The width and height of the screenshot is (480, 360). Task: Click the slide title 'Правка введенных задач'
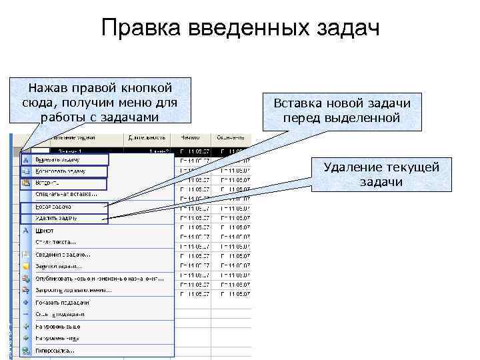(240, 29)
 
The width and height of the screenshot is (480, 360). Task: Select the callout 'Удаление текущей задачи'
(381, 175)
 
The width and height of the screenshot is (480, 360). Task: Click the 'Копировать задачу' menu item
(63, 171)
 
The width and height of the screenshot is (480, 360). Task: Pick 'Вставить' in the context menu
(47, 181)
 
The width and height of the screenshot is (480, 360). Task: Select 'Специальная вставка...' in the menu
(67, 194)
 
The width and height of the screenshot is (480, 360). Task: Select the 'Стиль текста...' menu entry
(57, 242)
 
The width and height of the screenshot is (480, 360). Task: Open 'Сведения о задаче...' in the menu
(64, 254)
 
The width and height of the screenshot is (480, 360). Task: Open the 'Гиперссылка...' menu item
(56, 350)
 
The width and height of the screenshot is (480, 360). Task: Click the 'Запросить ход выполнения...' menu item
(74, 290)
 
